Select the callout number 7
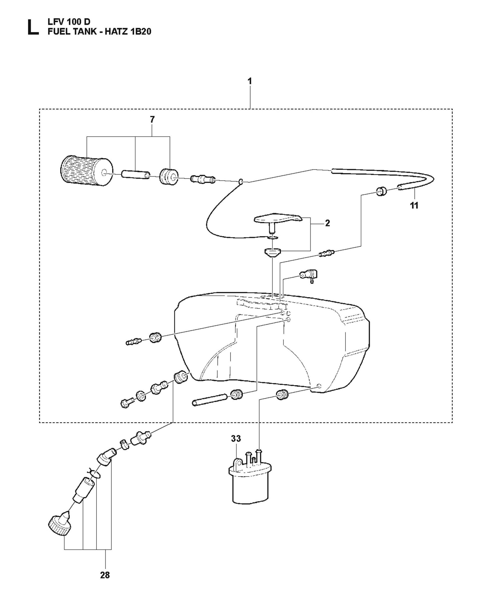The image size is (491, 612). click(152, 119)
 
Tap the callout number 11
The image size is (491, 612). click(414, 205)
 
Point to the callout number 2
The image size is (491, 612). click(328, 223)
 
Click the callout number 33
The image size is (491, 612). click(236, 438)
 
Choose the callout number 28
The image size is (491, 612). click(105, 575)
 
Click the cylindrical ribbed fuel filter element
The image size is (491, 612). click(87, 170)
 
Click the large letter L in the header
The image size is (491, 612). click(33, 27)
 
